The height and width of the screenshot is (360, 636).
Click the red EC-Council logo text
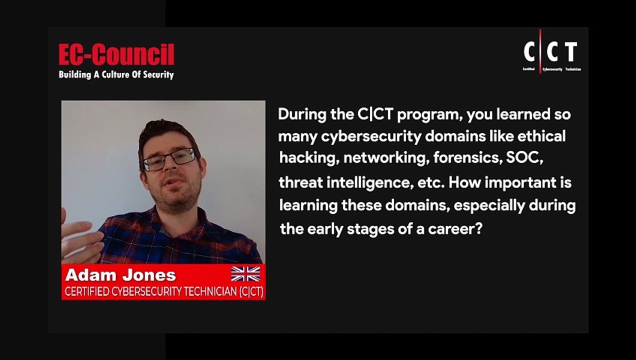pos(116,54)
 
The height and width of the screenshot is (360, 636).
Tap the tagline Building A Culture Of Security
pos(116,75)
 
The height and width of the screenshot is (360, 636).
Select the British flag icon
pos(245,274)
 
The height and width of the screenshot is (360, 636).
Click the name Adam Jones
pos(120,275)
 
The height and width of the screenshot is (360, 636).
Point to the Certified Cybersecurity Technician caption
pos(163,292)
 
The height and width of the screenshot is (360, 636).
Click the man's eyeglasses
pos(169,159)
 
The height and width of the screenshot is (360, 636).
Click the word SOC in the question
pos(524,158)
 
